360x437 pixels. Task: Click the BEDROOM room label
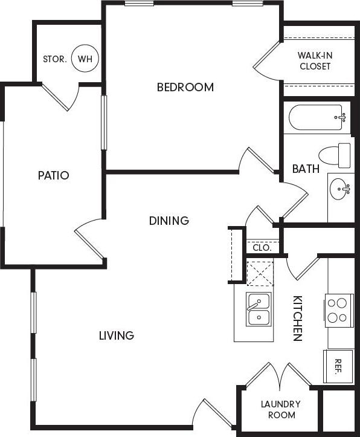pyautogui.click(x=185, y=87)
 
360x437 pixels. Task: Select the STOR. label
pyautogui.click(x=54, y=59)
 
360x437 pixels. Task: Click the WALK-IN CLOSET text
pyautogui.click(x=315, y=60)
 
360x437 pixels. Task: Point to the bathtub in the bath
pyautogui.click(x=317, y=118)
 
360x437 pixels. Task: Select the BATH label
pyautogui.click(x=306, y=169)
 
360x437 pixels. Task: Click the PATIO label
pyautogui.click(x=53, y=176)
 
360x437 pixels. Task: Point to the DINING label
pyautogui.click(x=169, y=221)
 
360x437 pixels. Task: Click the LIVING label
pyautogui.click(x=117, y=335)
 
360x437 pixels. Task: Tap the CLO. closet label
pyautogui.click(x=262, y=248)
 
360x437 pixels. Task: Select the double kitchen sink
pyautogui.click(x=258, y=309)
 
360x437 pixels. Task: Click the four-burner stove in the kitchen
pyautogui.click(x=338, y=310)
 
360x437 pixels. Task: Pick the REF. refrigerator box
pyautogui.click(x=338, y=365)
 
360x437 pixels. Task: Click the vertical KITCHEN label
pyautogui.click(x=297, y=319)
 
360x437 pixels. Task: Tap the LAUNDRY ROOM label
pyautogui.click(x=280, y=410)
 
